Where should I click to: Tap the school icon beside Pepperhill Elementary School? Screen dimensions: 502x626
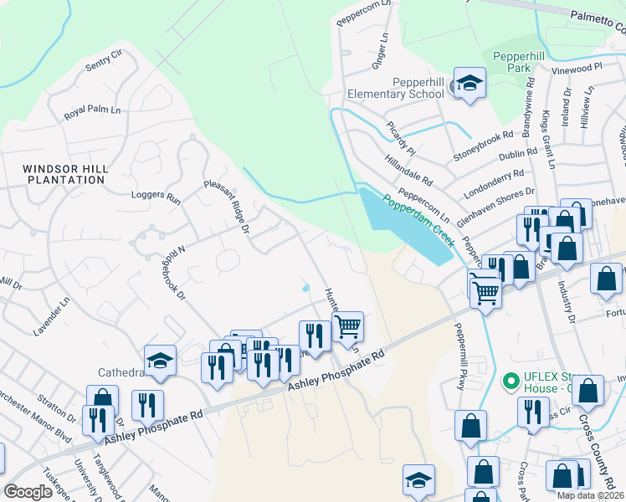click(469, 84)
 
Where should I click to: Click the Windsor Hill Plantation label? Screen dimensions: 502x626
click(66, 174)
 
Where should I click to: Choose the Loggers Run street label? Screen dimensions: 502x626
click(156, 198)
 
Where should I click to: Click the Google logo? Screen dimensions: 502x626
click(28, 493)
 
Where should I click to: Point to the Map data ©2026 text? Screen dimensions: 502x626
click(590, 495)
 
